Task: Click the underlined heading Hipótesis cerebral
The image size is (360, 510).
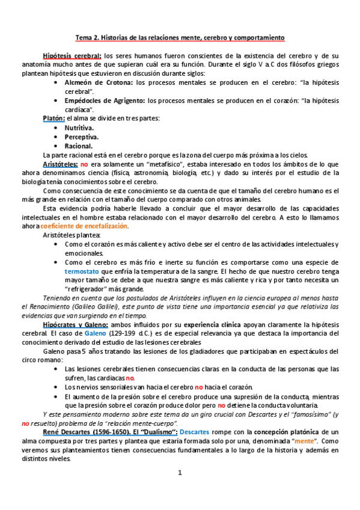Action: click(x=68, y=55)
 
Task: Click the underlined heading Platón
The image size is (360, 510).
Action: click(x=53, y=118)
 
